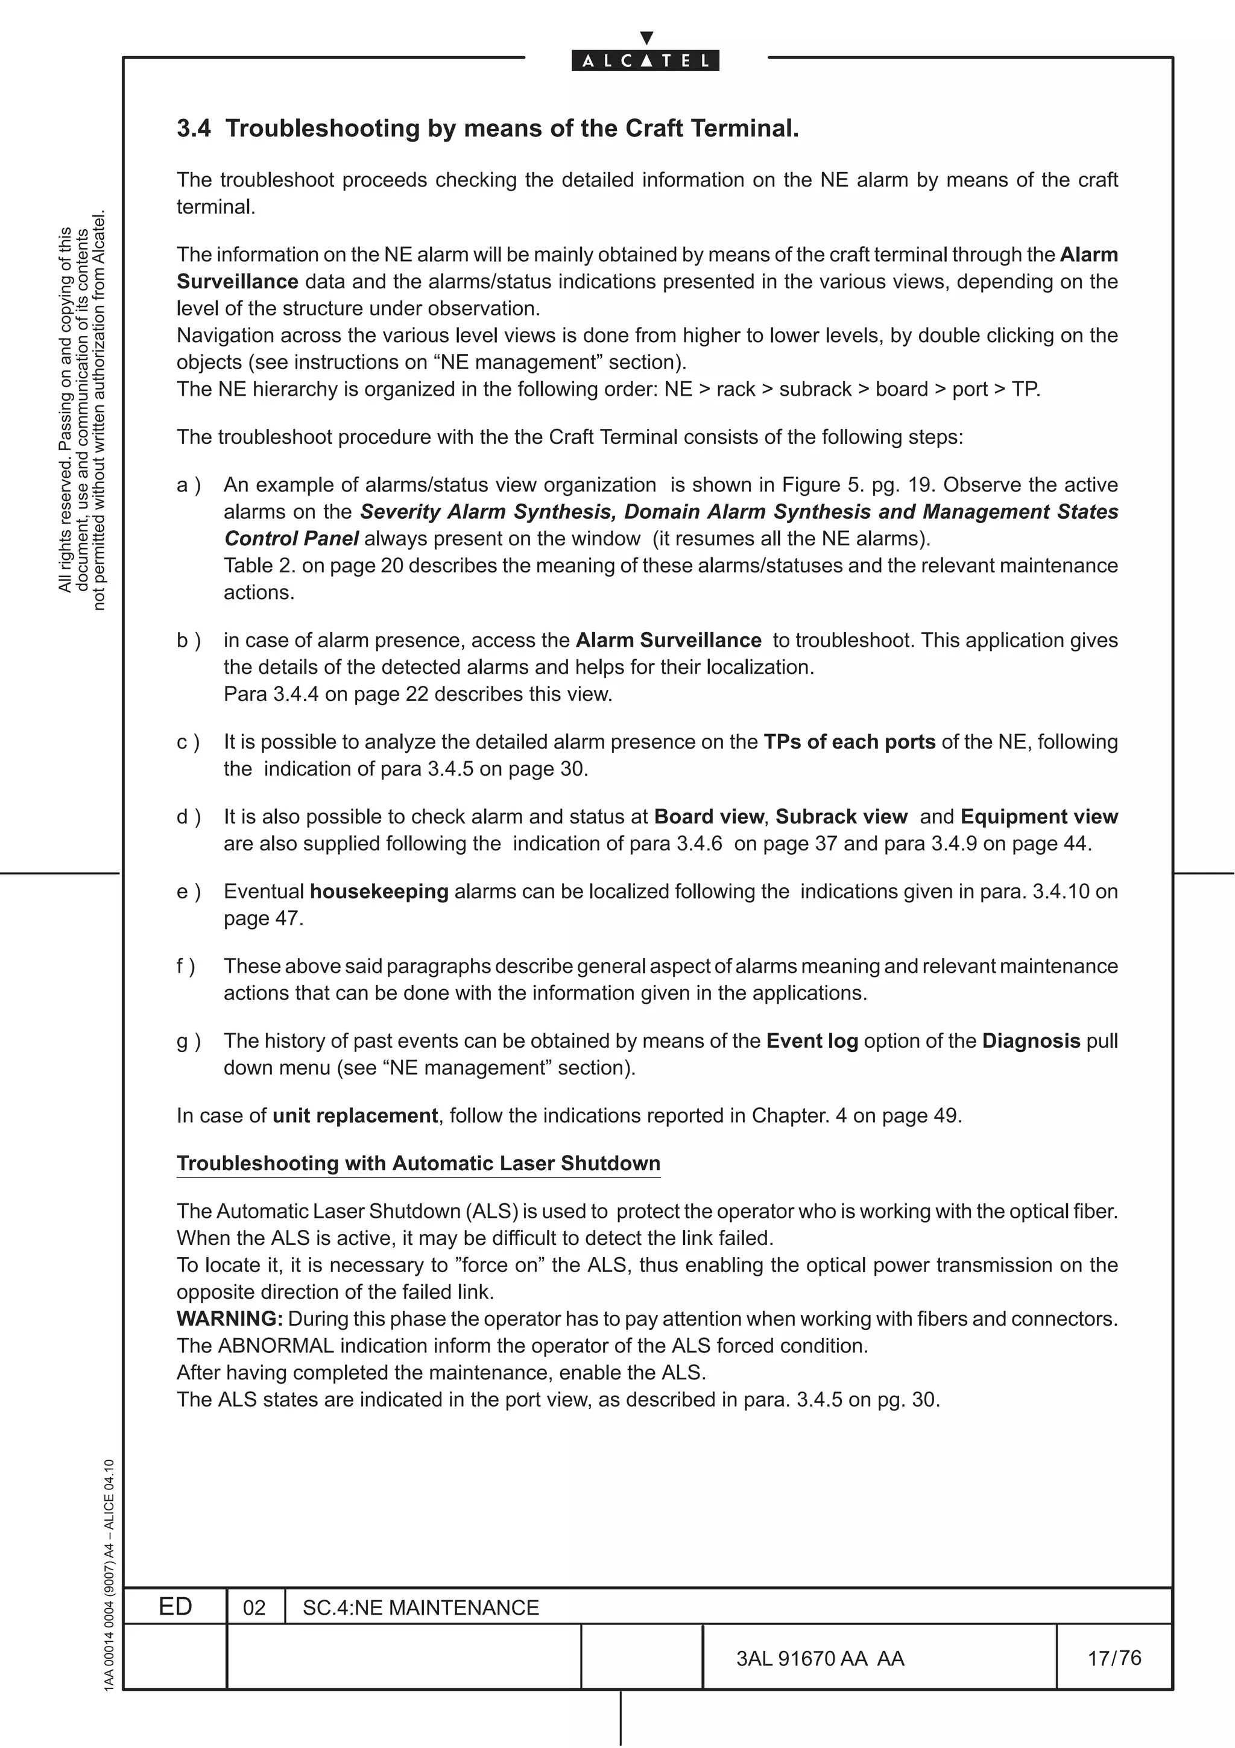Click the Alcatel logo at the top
(x=645, y=59)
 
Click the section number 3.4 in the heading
(x=194, y=128)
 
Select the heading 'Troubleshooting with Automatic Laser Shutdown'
(x=418, y=1164)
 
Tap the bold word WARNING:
(x=230, y=1319)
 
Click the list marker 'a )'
(x=188, y=485)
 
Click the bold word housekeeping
(x=378, y=891)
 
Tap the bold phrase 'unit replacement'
(x=355, y=1115)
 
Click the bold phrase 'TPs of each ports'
(x=849, y=743)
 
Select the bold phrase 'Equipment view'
(x=1038, y=817)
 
